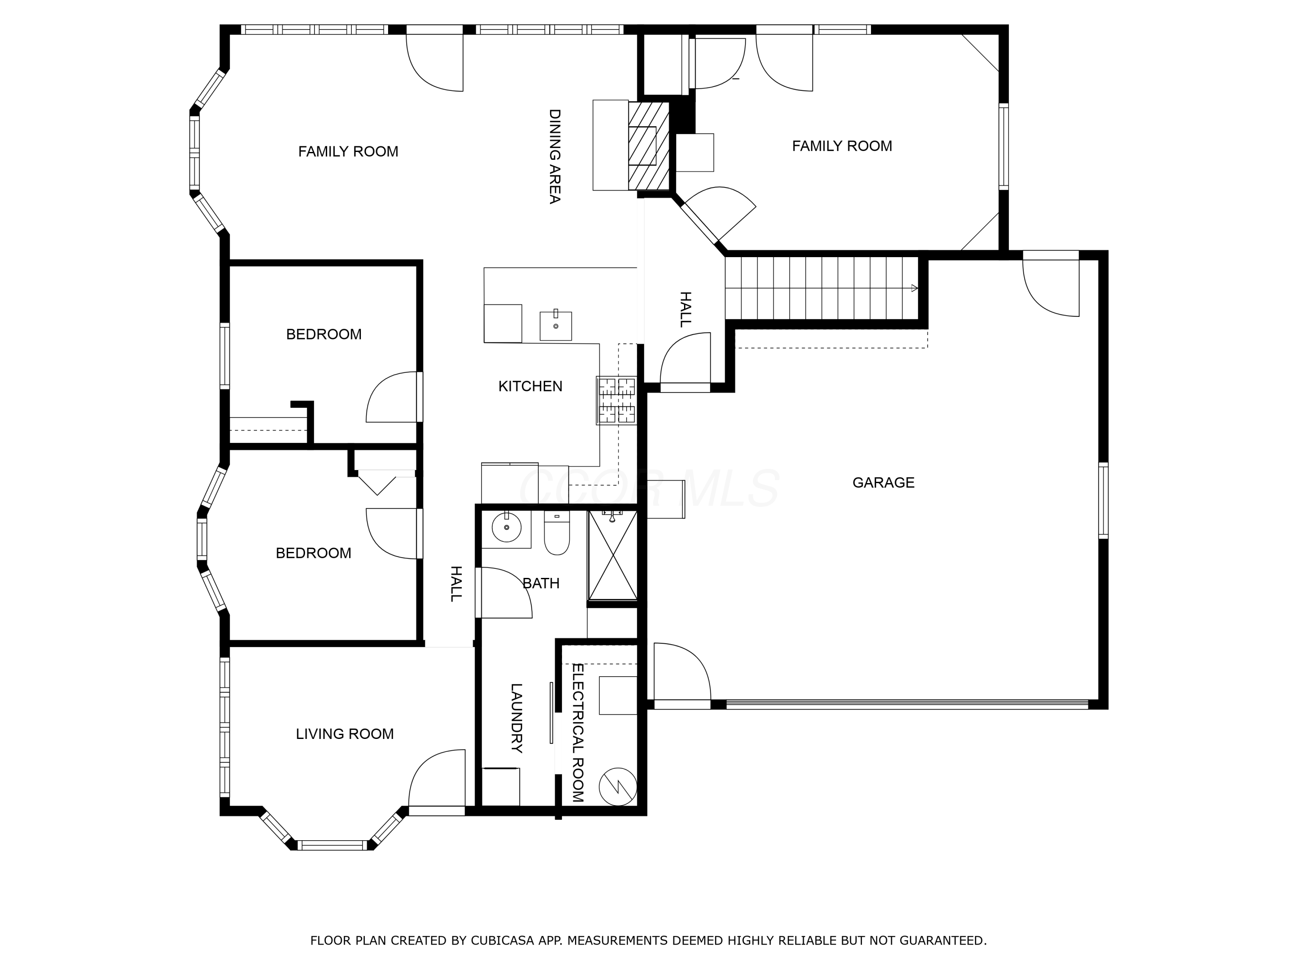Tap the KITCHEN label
click(530, 386)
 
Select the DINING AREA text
click(555, 156)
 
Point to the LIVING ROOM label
click(344, 734)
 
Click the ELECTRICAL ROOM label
click(578, 733)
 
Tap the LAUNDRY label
click(516, 718)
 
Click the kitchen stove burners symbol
click(617, 400)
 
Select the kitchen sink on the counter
click(556, 326)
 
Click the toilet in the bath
click(556, 534)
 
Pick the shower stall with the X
click(613, 555)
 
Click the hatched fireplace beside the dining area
click(649, 145)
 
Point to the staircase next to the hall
click(822, 288)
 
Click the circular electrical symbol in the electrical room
click(617, 787)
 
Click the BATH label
click(540, 584)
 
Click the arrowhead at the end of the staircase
click(914, 288)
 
